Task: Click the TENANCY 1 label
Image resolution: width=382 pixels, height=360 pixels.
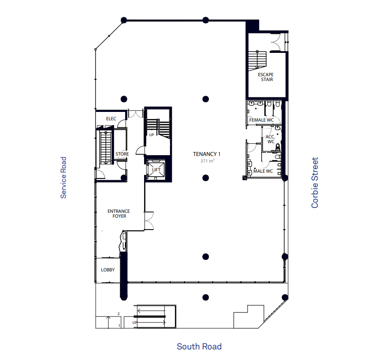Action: click(207, 154)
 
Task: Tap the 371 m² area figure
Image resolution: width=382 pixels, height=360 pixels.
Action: click(208, 161)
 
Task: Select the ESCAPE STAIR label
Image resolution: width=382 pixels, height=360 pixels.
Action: click(266, 77)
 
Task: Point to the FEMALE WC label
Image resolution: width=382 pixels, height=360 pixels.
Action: click(261, 120)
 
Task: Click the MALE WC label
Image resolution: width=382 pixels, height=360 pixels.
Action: click(263, 171)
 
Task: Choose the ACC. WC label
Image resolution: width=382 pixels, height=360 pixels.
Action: click(271, 139)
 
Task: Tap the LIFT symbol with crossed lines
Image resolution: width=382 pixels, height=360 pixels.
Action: click(156, 170)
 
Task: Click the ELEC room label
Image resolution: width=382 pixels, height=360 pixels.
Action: click(111, 119)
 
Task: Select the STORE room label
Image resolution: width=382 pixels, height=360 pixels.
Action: click(122, 154)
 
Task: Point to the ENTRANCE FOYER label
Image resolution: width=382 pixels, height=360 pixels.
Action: click(119, 214)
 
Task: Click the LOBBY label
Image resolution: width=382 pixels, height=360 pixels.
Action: click(108, 270)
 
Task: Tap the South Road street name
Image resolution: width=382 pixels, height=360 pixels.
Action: click(199, 346)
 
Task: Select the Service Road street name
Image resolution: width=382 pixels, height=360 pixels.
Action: click(63, 178)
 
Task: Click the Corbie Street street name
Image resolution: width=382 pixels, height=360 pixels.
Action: click(315, 183)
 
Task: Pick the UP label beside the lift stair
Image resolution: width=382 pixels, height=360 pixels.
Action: click(152, 135)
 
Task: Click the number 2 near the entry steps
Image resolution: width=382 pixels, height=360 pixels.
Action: click(119, 314)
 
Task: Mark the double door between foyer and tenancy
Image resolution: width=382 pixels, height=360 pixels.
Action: click(149, 221)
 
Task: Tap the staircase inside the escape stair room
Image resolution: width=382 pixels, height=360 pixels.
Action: click(257, 60)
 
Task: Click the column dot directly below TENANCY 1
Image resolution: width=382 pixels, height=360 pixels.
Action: click(206, 178)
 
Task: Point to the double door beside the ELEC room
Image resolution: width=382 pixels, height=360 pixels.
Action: click(136, 114)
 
